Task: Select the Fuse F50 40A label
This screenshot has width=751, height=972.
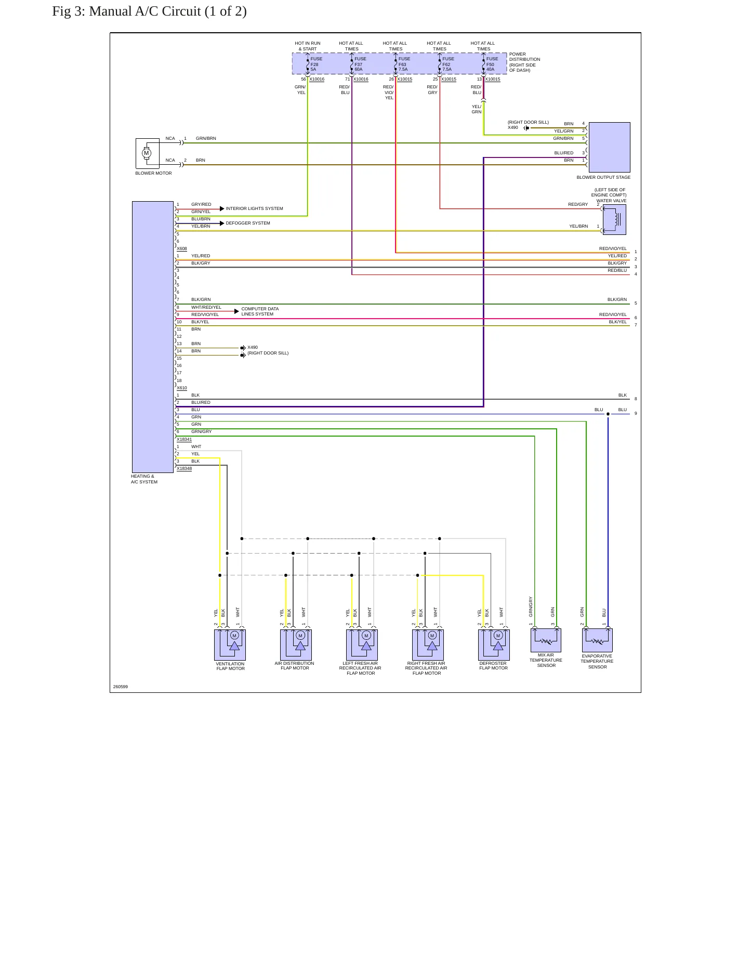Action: (x=492, y=64)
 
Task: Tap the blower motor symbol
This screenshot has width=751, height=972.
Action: (x=147, y=153)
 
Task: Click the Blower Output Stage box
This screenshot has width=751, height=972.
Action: (x=609, y=147)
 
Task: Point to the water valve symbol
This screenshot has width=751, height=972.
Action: (x=614, y=219)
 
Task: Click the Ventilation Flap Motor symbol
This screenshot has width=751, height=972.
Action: (x=230, y=645)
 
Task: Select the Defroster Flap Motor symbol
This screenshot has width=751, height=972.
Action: (x=494, y=645)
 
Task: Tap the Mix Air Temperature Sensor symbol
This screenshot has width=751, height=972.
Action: (x=546, y=640)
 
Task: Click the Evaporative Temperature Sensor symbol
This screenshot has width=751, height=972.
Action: (x=597, y=640)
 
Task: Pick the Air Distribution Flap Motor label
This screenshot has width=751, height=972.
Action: (x=294, y=666)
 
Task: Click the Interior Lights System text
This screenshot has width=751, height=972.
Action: (x=254, y=208)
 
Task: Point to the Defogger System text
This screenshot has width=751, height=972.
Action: (x=248, y=223)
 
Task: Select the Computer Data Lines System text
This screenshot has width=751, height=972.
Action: (x=260, y=311)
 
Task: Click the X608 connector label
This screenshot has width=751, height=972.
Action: (x=182, y=248)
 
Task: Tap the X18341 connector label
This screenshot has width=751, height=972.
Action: (x=184, y=439)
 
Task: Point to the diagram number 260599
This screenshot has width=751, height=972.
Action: (x=121, y=687)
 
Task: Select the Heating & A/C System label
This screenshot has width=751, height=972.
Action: (x=144, y=479)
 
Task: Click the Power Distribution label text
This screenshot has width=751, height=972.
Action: (x=524, y=62)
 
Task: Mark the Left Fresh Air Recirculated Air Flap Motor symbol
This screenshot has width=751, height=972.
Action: (x=362, y=645)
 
